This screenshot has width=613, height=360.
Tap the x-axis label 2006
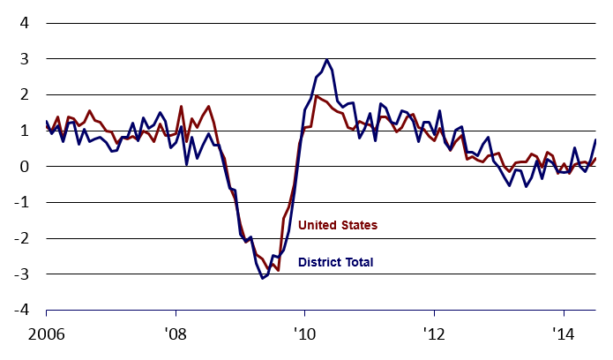pos(46,336)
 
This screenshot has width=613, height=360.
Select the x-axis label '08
pos(176,336)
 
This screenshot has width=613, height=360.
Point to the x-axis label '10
pos(304,336)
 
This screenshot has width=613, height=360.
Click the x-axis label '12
pos(434,336)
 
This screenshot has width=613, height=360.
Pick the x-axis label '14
pos(564,336)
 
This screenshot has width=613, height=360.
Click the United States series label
pos(338,226)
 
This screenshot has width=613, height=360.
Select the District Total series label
pos(336,262)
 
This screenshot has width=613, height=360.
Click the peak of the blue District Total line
pos(327,60)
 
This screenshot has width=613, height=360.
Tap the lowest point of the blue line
pos(262,279)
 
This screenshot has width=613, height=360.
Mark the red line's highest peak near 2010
pos(316,96)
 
